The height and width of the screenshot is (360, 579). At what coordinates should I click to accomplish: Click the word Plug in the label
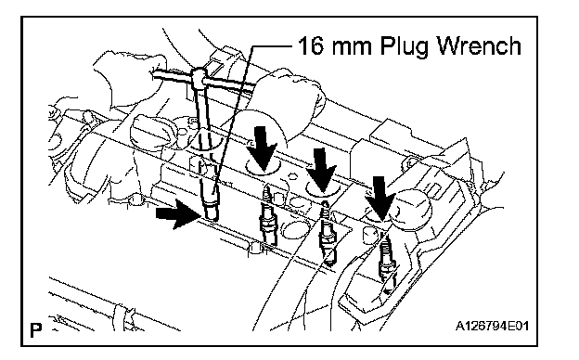(x=405, y=47)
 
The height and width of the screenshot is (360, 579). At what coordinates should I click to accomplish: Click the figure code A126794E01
(x=492, y=326)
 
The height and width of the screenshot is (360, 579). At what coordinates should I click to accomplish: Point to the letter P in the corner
(x=36, y=329)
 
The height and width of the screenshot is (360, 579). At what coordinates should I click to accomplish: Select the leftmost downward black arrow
(x=262, y=148)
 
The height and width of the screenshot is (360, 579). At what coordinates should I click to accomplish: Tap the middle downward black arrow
(x=323, y=170)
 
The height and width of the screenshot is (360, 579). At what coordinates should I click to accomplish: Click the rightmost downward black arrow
(x=380, y=199)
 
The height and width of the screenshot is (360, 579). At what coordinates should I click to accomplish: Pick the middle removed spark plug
(x=328, y=234)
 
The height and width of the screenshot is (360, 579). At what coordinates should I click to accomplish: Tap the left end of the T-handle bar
(x=154, y=74)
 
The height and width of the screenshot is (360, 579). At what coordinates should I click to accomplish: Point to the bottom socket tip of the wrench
(x=210, y=213)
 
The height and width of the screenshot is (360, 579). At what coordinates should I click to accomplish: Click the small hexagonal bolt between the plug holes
(x=292, y=176)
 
